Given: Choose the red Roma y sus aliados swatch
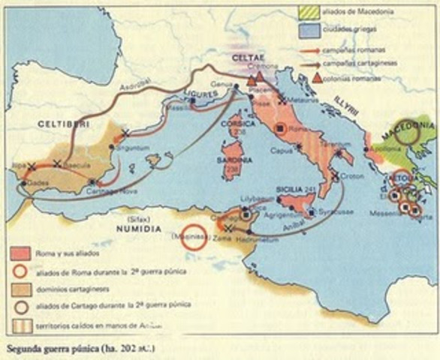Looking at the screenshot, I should pos(23,255).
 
